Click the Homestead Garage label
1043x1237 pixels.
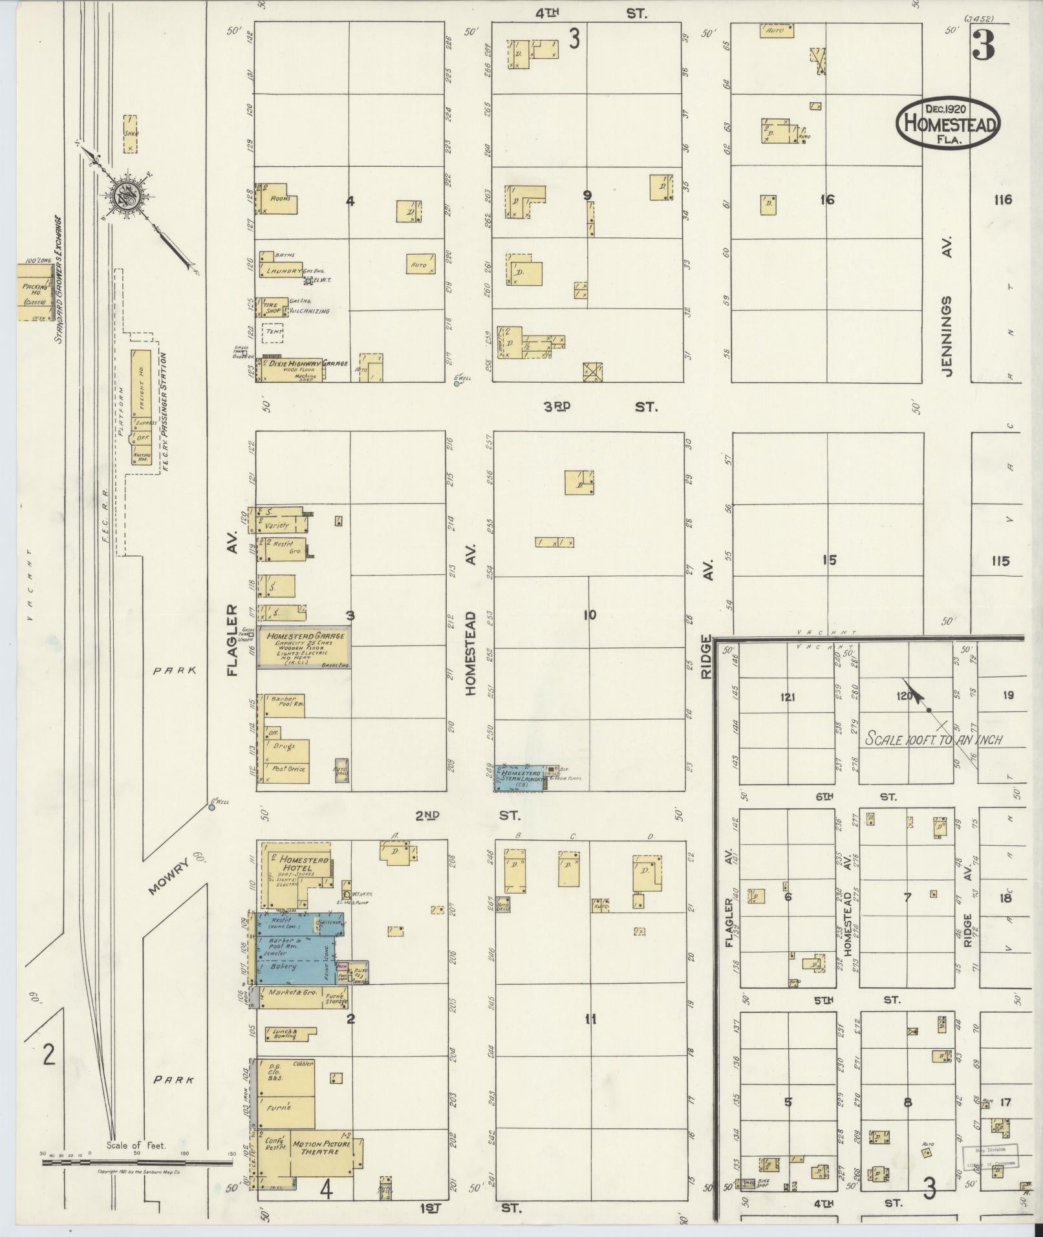(x=304, y=636)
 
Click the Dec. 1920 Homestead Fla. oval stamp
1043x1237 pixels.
(x=948, y=124)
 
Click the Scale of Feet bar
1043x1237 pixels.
(x=136, y=1162)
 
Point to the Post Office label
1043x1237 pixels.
(x=288, y=769)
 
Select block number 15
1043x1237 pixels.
(x=828, y=559)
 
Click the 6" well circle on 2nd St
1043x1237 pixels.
(x=211, y=807)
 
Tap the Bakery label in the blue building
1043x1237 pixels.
(x=283, y=967)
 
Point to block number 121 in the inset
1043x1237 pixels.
(x=787, y=697)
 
